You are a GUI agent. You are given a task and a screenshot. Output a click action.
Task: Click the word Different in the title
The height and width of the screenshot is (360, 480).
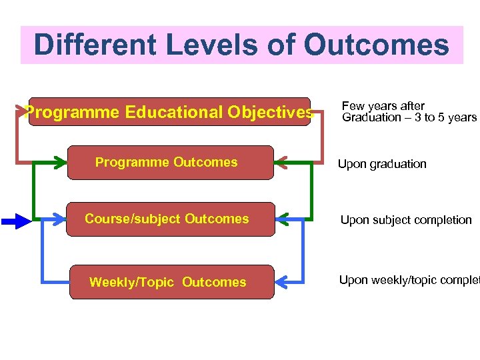tap(93, 45)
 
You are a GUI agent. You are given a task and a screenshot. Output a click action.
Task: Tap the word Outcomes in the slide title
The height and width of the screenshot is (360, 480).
tap(376, 45)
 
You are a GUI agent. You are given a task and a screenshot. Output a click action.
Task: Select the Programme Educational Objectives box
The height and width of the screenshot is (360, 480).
tap(169, 112)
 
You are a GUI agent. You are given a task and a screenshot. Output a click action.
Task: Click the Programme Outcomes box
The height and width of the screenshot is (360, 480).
tap(170, 163)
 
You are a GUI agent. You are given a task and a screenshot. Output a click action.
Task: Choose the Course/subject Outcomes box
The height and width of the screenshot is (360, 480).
tap(170, 219)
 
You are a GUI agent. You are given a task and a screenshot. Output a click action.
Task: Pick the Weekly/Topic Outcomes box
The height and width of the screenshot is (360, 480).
tap(171, 282)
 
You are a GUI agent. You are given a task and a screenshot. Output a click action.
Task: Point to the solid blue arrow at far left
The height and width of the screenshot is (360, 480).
tap(15, 220)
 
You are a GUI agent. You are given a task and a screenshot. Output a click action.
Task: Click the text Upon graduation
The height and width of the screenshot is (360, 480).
tap(382, 164)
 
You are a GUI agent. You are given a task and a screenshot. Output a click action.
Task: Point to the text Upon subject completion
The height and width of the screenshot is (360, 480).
tap(406, 220)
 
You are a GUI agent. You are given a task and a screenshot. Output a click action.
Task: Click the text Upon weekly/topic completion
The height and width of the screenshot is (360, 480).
tap(409, 280)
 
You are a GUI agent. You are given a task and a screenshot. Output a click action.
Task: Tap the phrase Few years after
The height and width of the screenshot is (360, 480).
tap(383, 106)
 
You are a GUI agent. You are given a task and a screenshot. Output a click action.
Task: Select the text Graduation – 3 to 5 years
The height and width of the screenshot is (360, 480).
tap(409, 118)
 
